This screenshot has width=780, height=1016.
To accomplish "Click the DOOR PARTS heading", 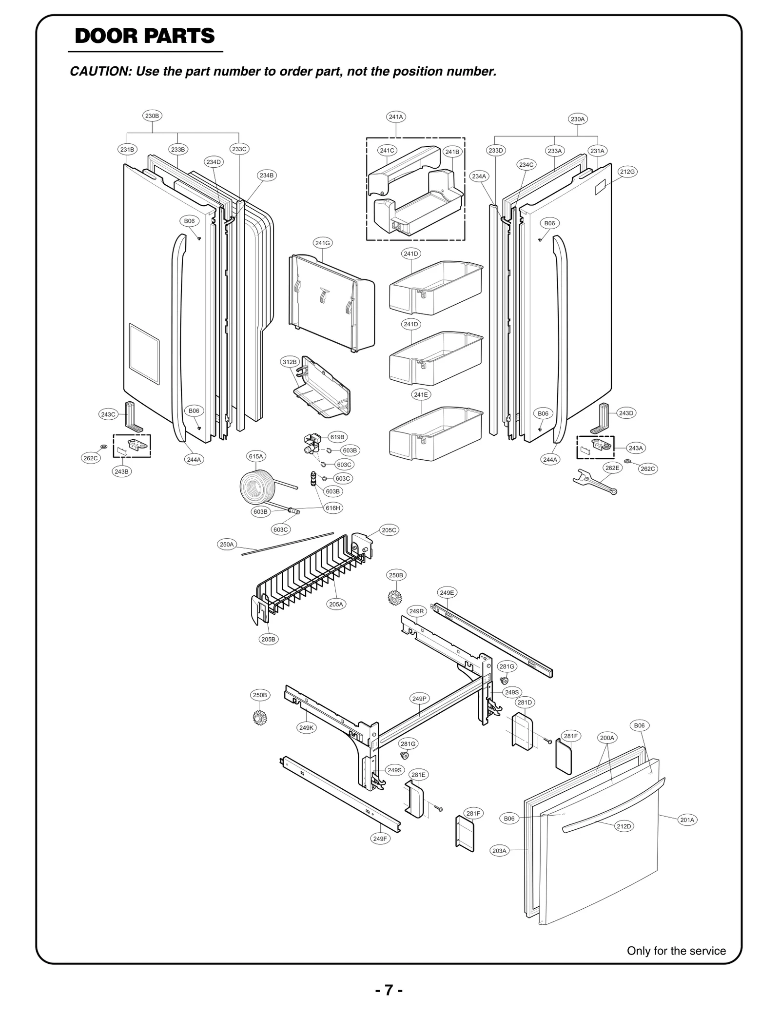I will (145, 37).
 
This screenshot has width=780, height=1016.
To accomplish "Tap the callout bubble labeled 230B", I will (152, 116).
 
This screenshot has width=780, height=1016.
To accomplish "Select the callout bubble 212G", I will (627, 172).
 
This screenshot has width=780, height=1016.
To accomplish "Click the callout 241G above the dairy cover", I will (322, 243).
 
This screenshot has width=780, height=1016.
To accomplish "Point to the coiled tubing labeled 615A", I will (258, 487).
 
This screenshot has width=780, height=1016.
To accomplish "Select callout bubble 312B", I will (290, 362).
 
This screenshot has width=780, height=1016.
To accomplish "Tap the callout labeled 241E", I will (421, 395).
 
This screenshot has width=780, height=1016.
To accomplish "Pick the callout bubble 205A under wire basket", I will (336, 604).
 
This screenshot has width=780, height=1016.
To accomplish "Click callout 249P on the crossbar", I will (419, 699).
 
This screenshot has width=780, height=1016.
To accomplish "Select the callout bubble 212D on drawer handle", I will (624, 826).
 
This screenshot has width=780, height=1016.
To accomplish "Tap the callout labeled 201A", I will (687, 820).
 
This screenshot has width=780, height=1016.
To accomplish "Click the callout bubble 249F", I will (380, 839).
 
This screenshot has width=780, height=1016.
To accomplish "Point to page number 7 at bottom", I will (389, 990).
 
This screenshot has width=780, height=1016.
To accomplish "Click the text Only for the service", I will (676, 951).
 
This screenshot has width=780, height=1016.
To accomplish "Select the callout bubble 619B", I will (337, 437).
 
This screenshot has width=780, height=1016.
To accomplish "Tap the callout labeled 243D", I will (626, 413).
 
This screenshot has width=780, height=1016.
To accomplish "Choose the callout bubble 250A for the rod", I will (227, 545).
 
